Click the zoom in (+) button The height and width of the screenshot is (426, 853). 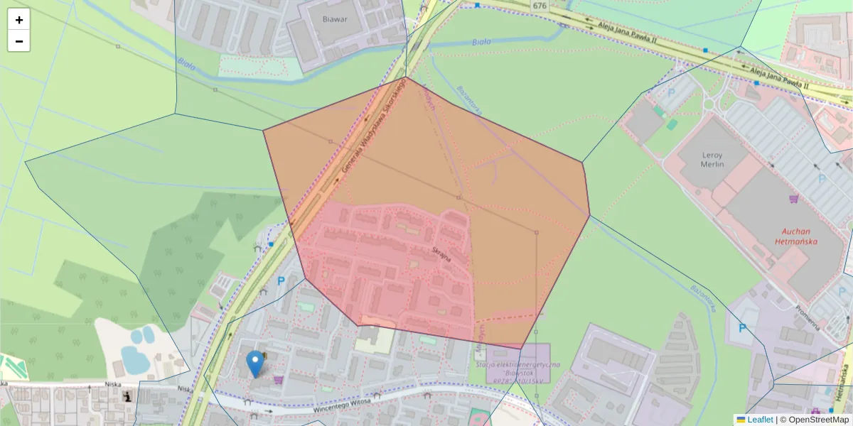pos(19,20)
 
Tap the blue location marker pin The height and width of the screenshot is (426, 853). pos(254,364)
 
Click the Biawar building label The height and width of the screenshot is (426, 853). pos(334,19)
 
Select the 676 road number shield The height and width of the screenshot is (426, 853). pos(540,6)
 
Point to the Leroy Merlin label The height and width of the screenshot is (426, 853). pos(712,159)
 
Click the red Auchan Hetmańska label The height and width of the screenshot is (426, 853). pos(800,236)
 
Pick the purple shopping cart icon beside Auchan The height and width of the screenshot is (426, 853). pos(793,199)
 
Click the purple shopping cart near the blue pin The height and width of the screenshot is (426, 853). pos(277,380)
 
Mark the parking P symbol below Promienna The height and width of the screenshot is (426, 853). pos(742,328)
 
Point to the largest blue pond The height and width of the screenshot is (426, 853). pos(134,359)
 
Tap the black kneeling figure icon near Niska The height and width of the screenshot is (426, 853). pos(127,396)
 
